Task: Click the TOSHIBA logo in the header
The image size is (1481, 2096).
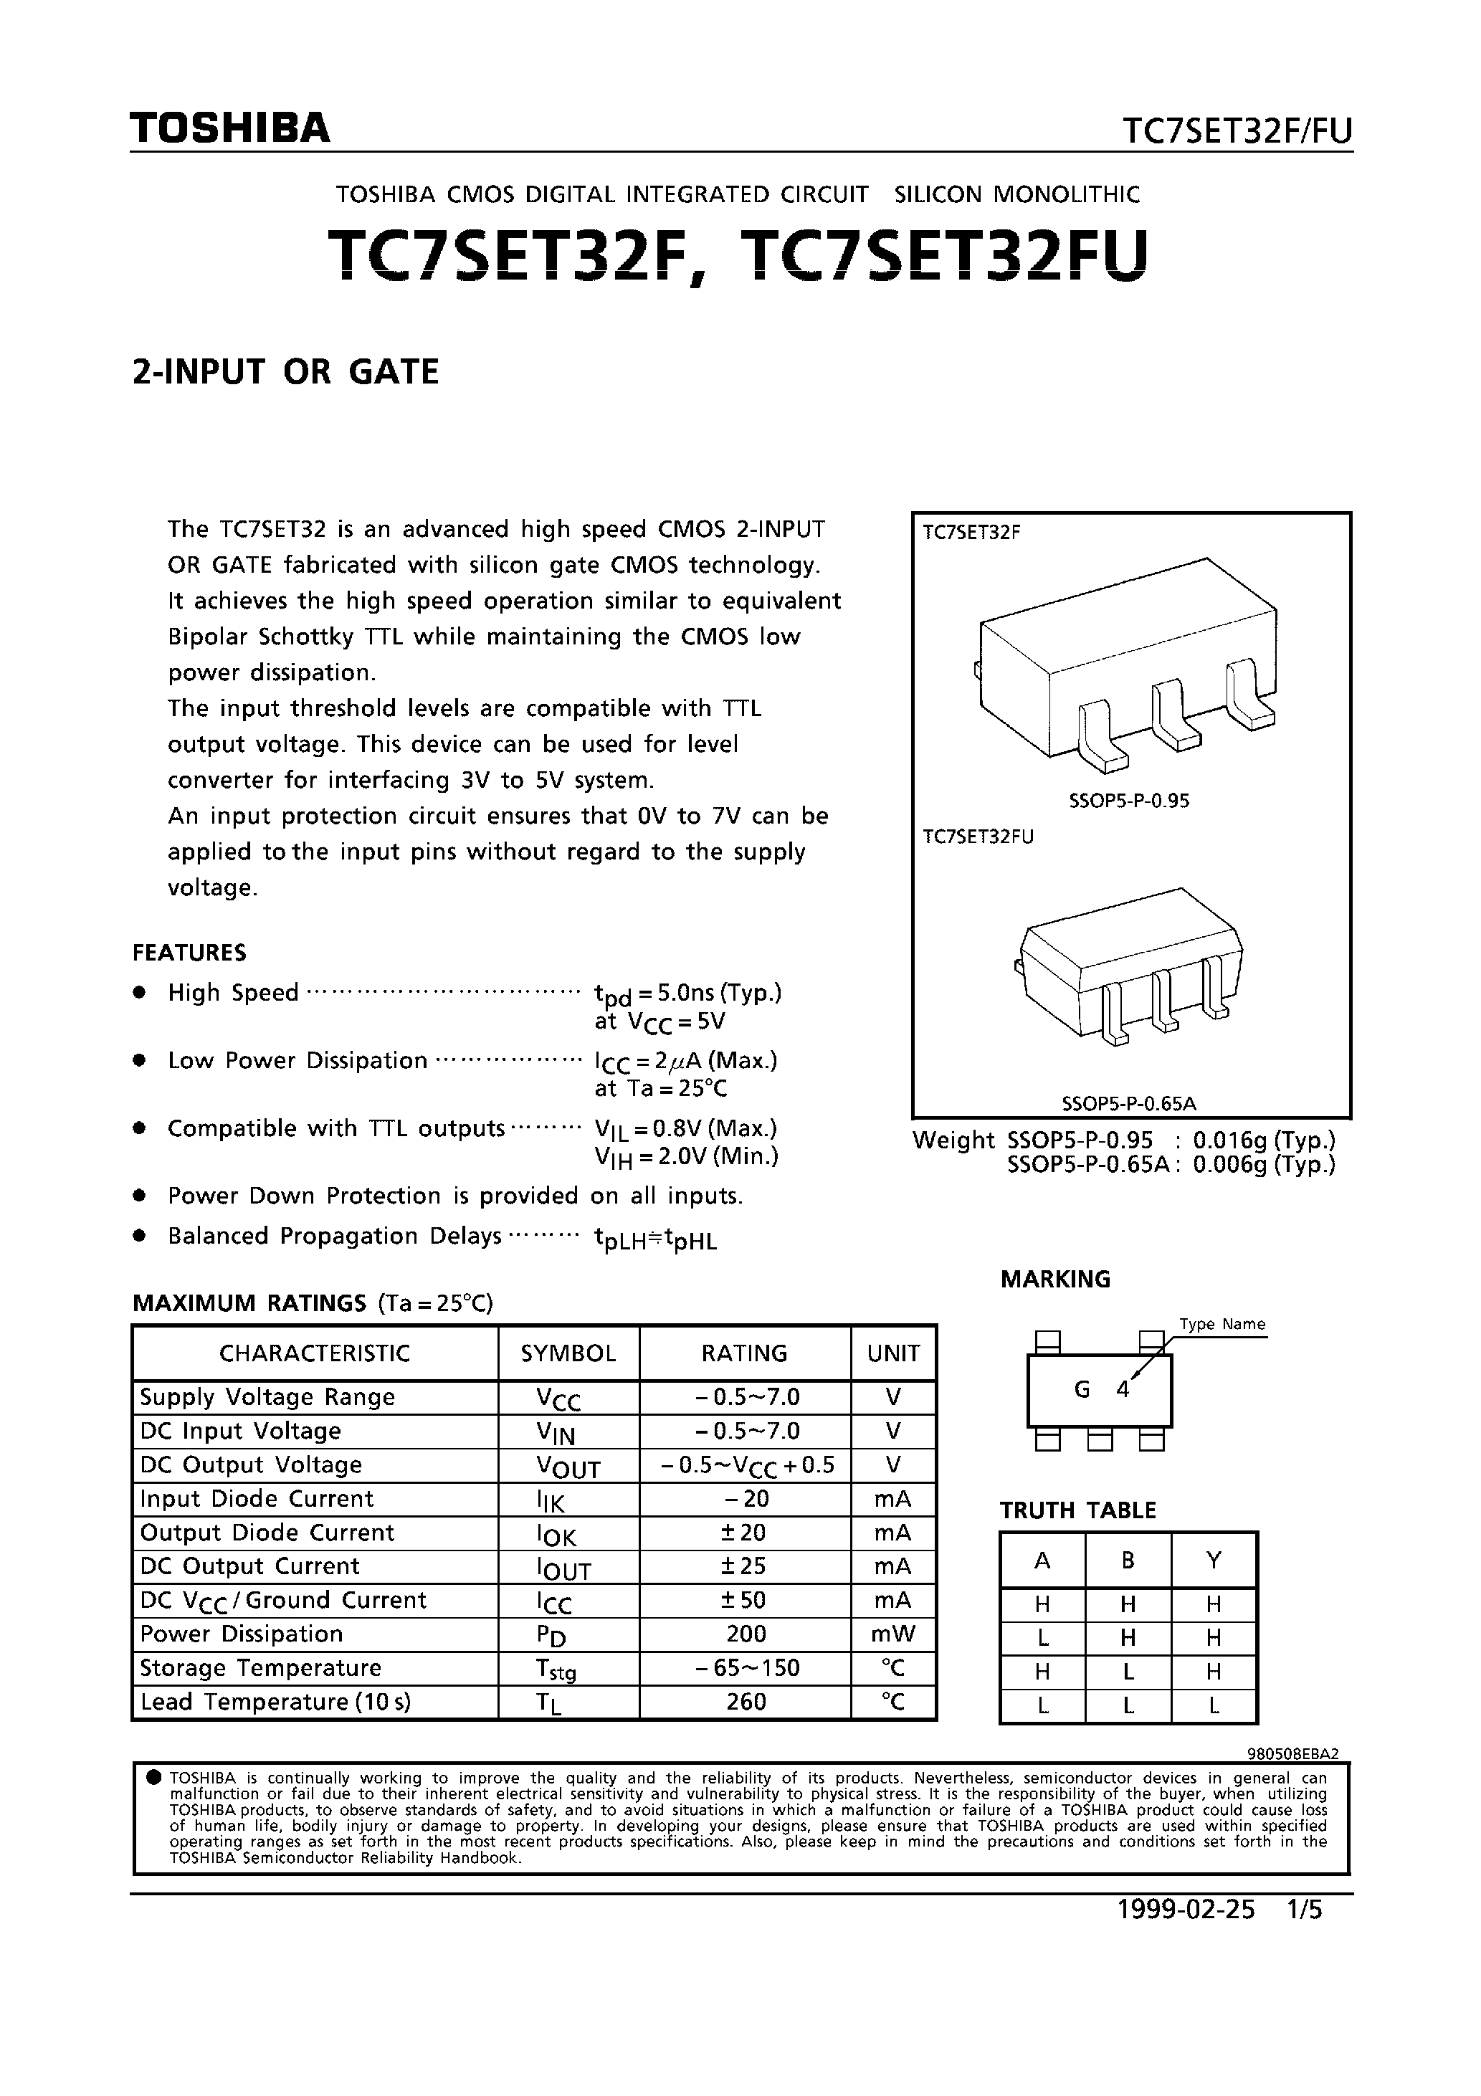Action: click(x=229, y=129)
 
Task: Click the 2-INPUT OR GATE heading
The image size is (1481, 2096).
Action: click(x=286, y=371)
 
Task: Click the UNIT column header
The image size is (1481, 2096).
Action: click(x=893, y=1353)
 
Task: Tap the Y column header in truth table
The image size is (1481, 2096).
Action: click(x=1214, y=1560)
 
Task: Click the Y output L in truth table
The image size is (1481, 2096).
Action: click(x=1214, y=1705)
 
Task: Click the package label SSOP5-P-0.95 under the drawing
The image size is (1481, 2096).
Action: click(x=1128, y=801)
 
